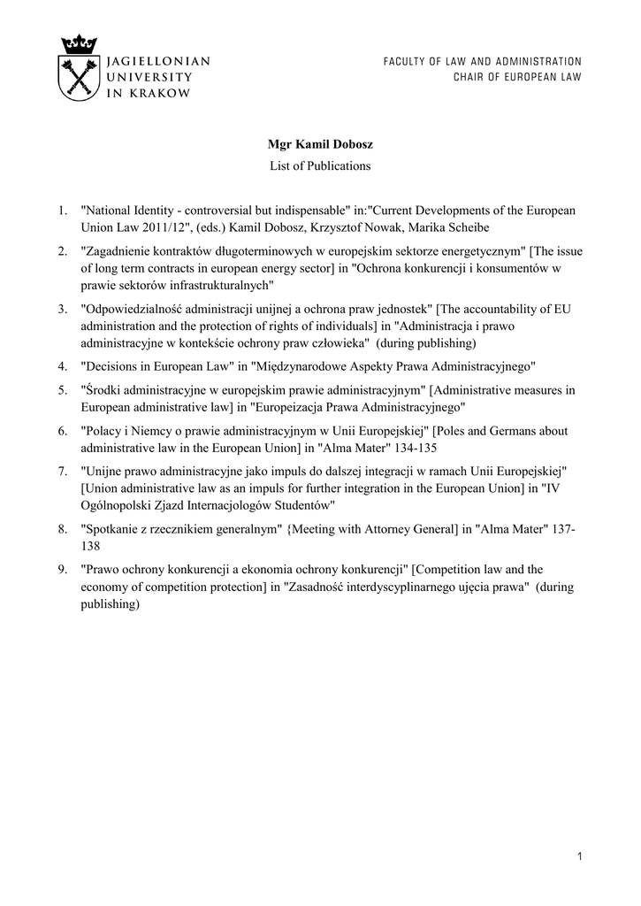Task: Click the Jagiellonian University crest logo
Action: coord(78,68)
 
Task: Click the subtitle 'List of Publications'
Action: coord(320,165)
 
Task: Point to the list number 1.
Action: coord(62,211)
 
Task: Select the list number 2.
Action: coord(62,251)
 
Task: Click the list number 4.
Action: coord(62,365)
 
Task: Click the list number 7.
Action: coord(62,472)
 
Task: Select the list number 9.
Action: coord(62,570)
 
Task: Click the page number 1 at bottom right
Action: coord(578,856)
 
